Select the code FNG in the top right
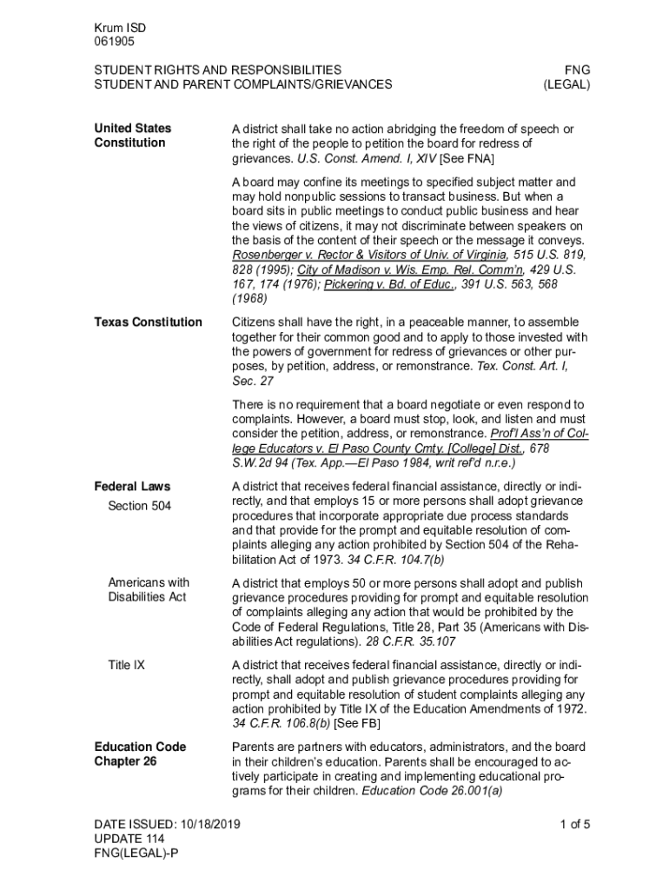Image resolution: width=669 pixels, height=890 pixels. [x=578, y=70]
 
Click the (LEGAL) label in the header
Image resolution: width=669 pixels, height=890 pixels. [x=566, y=84]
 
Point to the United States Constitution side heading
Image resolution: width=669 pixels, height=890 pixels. [x=132, y=136]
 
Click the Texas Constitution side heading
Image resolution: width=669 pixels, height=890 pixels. [x=148, y=322]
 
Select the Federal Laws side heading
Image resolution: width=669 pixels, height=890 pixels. [x=132, y=487]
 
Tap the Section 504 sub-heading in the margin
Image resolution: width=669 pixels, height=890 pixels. [x=139, y=506]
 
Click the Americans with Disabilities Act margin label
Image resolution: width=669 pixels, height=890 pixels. [x=148, y=590]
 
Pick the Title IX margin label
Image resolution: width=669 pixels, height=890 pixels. [x=126, y=665]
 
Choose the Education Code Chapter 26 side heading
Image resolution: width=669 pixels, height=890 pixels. [x=140, y=754]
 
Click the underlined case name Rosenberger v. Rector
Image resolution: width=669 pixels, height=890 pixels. [x=369, y=255]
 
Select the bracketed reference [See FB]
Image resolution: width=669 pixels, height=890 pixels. [x=357, y=723]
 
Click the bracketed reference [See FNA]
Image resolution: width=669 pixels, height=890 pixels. [x=468, y=159]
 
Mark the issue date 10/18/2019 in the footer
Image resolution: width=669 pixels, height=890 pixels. [x=209, y=824]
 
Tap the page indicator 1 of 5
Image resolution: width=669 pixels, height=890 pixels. [x=575, y=824]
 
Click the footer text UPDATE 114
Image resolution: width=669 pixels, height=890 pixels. [x=129, y=839]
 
